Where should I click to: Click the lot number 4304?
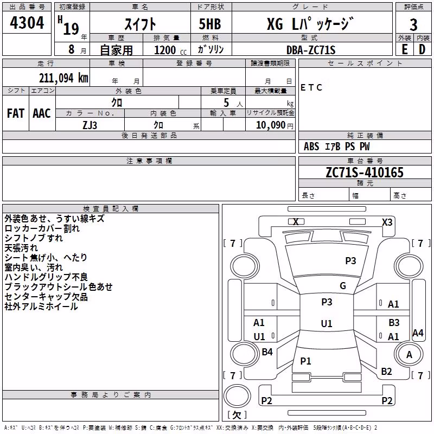27,22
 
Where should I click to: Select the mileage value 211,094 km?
63,78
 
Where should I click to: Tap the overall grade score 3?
413,25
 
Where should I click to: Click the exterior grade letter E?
404,49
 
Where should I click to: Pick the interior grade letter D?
422,49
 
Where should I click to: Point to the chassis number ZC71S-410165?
365,173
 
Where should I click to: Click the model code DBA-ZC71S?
311,50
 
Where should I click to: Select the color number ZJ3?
90,125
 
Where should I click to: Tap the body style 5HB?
210,24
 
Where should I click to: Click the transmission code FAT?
16,113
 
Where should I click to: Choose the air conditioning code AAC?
42,113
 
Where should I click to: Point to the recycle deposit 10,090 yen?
275,125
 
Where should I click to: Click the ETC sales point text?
311,87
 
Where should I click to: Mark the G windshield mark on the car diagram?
343,286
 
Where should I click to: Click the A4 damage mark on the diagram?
418,333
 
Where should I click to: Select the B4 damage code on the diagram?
267,352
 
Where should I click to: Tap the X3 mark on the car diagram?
387,222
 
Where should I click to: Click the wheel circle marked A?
409,355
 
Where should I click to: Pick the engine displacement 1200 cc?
170,50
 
